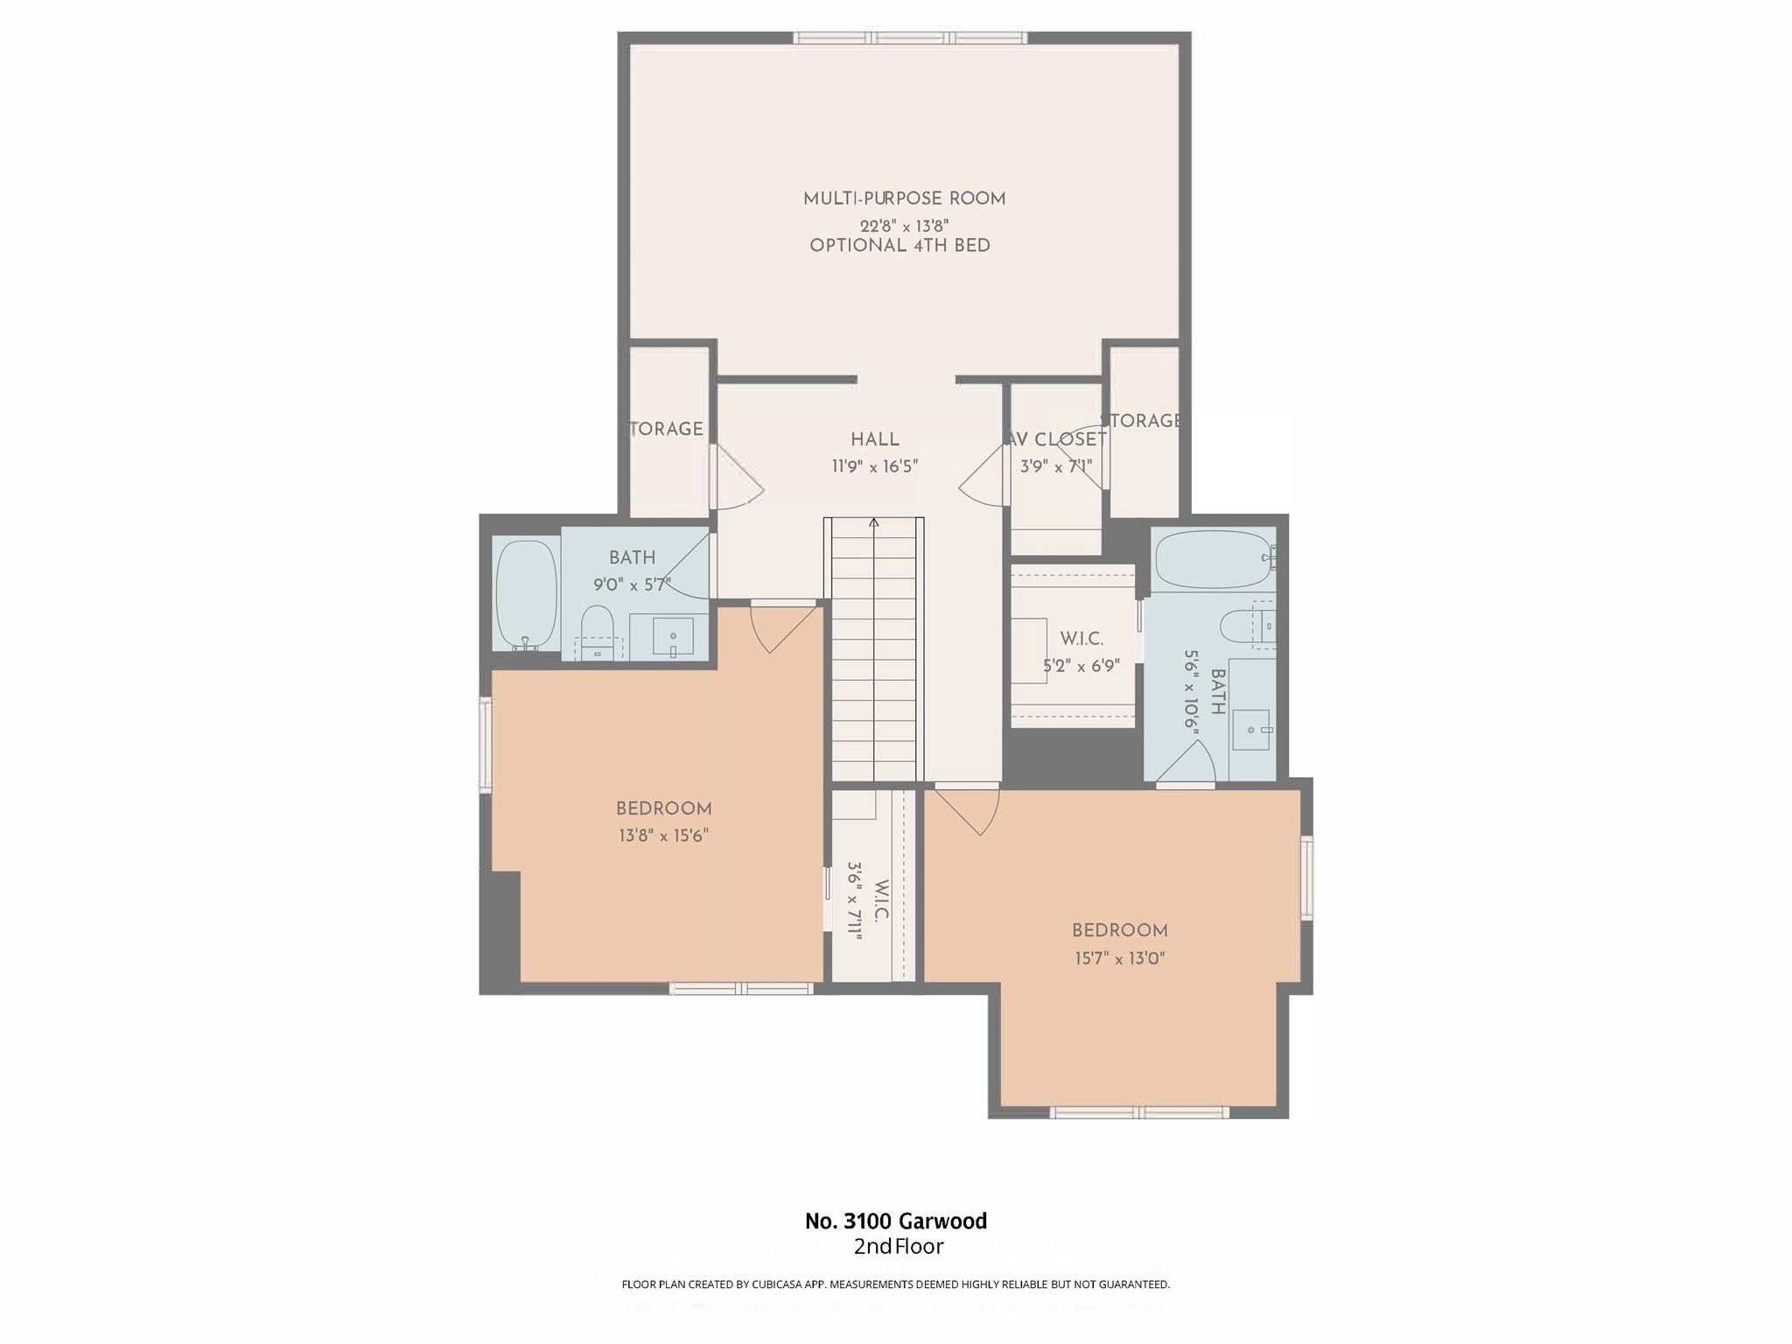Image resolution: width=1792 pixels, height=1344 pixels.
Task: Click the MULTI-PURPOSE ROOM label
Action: [904, 199]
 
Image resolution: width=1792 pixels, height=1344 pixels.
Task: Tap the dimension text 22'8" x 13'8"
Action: [904, 226]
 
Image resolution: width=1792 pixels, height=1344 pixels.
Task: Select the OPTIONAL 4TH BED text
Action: [899, 246]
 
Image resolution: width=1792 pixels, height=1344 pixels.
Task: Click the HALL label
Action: [874, 440]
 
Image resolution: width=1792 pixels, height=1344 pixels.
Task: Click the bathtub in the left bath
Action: [526, 593]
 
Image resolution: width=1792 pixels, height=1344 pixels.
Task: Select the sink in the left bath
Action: [673, 636]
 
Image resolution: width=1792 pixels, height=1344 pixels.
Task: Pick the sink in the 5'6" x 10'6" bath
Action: [1252, 730]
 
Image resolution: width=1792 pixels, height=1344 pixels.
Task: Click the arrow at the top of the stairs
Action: [873, 523]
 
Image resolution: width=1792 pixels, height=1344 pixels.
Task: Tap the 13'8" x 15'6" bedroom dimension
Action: [663, 836]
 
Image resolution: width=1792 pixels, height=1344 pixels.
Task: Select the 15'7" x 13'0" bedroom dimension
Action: [1120, 958]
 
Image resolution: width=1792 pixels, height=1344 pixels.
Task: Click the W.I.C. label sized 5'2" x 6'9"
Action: [1081, 640]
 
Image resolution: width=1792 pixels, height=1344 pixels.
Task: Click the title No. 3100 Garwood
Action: [896, 1221]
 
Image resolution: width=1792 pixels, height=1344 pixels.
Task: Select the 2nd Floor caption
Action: [899, 1246]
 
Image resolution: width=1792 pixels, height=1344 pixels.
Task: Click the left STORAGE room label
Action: [668, 429]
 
